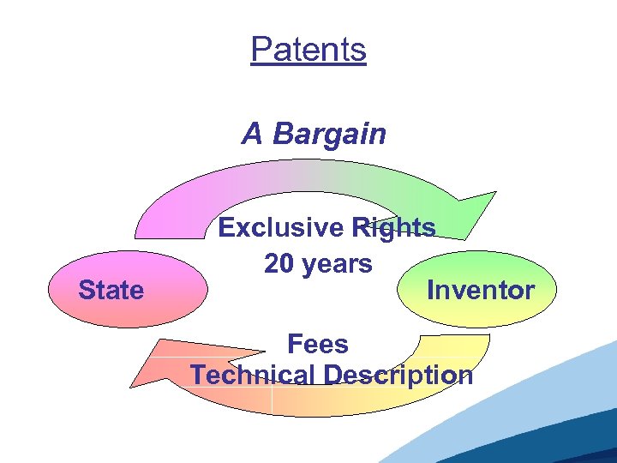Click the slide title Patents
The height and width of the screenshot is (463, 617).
pyautogui.click(x=308, y=50)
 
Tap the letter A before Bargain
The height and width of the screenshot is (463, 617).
pyautogui.click(x=252, y=135)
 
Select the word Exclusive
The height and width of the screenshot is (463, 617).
pyautogui.click(x=280, y=227)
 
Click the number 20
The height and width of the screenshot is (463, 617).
pyautogui.click(x=279, y=264)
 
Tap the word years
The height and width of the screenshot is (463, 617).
pyautogui.click(x=336, y=264)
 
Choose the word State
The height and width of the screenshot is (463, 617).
pyautogui.click(x=111, y=291)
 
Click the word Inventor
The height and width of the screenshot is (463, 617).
pyautogui.click(x=480, y=291)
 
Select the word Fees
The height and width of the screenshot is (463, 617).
pyautogui.click(x=317, y=345)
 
